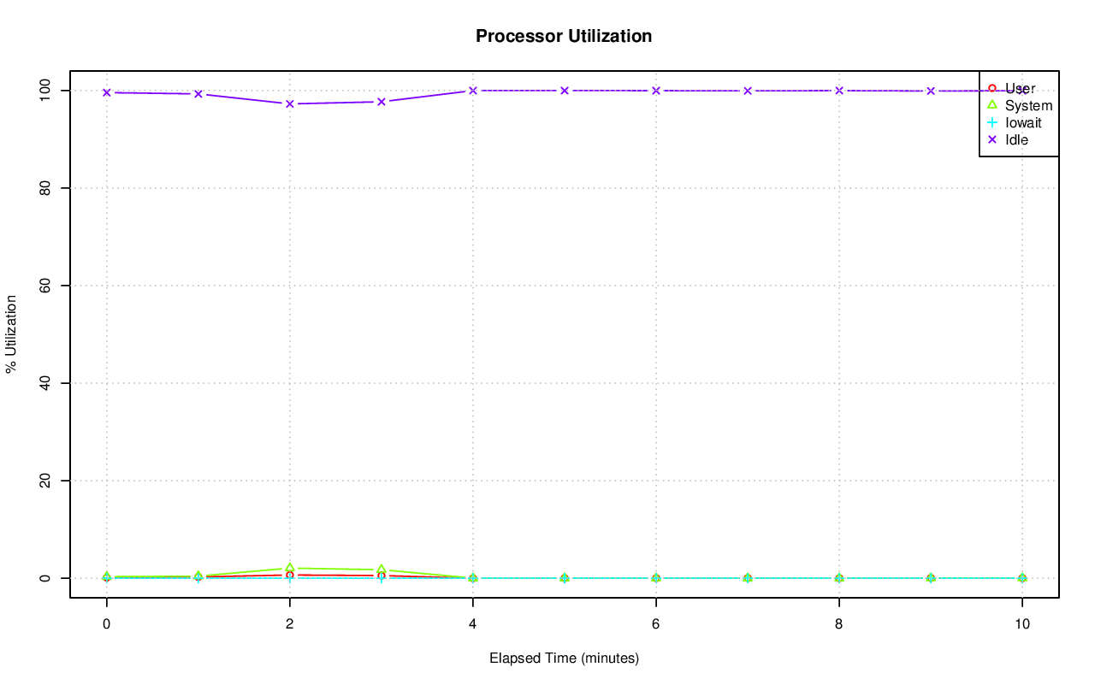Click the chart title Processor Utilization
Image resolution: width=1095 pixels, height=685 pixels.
coord(564,36)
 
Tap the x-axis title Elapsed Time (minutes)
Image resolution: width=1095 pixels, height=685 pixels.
coord(564,658)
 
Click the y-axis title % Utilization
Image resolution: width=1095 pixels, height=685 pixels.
coord(11,334)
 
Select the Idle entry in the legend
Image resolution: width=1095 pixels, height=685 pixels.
coord(1016,139)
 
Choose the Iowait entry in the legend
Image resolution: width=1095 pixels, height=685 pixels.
coord(1023,122)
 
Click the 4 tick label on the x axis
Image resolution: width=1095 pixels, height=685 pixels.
coord(472,624)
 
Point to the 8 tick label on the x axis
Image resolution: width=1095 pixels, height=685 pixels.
coord(839,624)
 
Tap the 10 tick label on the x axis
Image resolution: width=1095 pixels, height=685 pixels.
coord(1021,624)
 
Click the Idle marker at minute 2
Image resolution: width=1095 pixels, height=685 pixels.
coord(290,103)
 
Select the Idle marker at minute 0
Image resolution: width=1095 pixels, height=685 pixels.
coord(107,92)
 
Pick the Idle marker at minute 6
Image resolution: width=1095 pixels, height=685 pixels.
coord(656,91)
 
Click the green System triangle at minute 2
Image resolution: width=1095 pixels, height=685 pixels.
coord(290,568)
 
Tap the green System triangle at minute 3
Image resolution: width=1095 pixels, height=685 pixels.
coord(382,570)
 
